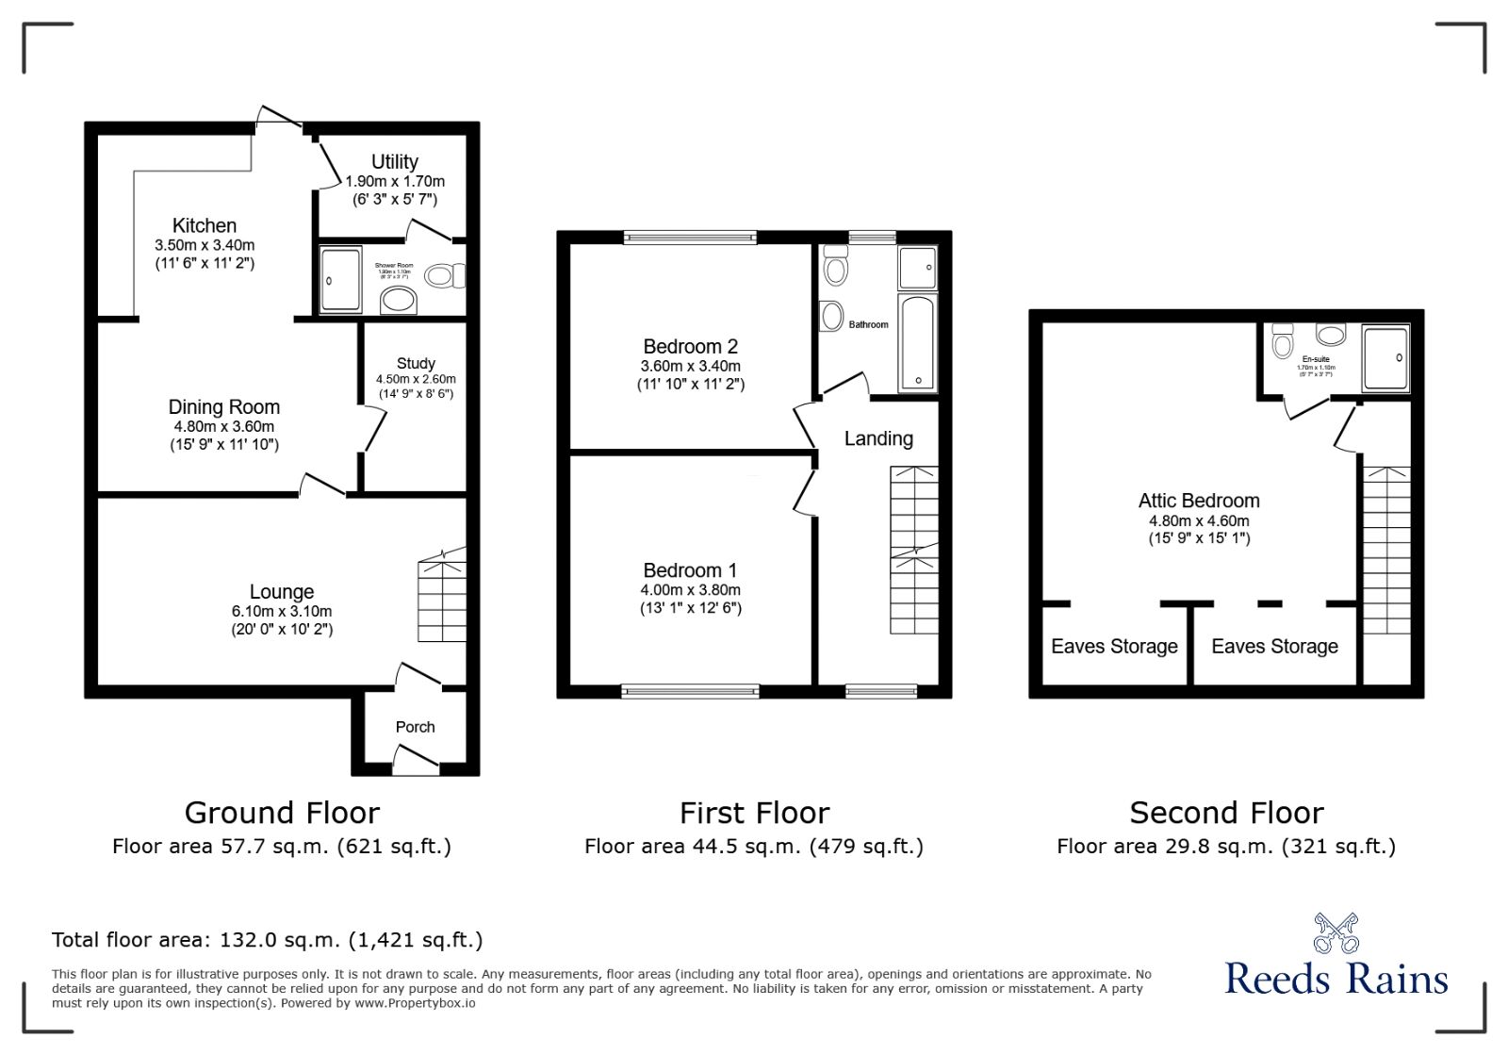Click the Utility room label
pyautogui.click(x=394, y=161)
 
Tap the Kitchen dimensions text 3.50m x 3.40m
pyautogui.click(x=205, y=245)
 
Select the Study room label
pyautogui.click(x=416, y=363)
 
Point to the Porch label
pyautogui.click(x=415, y=727)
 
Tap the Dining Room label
pyautogui.click(x=223, y=406)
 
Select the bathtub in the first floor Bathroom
pyautogui.click(x=916, y=343)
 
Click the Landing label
pyautogui.click(x=877, y=438)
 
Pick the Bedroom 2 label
pyautogui.click(x=690, y=346)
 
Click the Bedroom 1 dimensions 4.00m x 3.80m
pyautogui.click(x=690, y=590)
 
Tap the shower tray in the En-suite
pyautogui.click(x=1385, y=358)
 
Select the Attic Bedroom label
pyautogui.click(x=1198, y=501)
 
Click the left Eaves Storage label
pyautogui.click(x=1114, y=647)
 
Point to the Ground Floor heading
pyautogui.click(x=282, y=813)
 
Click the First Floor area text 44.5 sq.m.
pyautogui.click(x=753, y=847)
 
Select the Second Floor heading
pyautogui.click(x=1226, y=813)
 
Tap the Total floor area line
pyautogui.click(x=267, y=940)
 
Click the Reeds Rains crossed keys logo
pyautogui.click(x=1336, y=933)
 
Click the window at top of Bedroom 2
pyautogui.click(x=690, y=237)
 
